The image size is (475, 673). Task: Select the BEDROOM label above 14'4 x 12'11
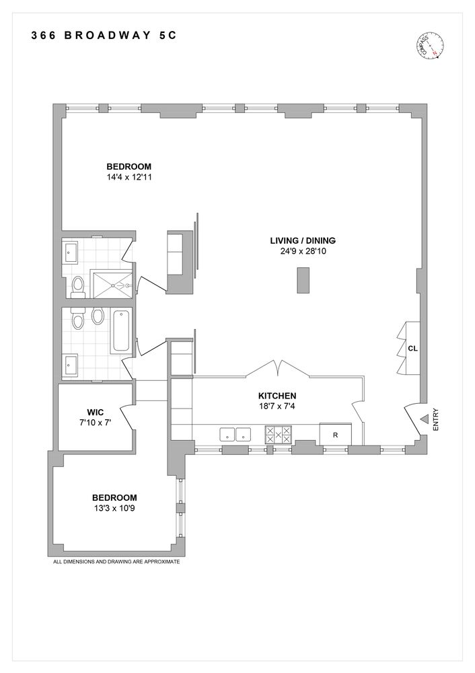pos(129,167)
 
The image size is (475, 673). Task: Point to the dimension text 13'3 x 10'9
pos(118,508)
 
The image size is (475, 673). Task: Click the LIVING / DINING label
pos(303,240)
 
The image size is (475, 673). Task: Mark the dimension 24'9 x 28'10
pos(303,251)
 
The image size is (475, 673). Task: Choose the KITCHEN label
pos(277,396)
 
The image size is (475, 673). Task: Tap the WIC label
pos(94,412)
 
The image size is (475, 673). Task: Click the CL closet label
pos(412,349)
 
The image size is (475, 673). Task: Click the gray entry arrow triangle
pos(424,419)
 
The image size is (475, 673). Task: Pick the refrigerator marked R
pos(335,435)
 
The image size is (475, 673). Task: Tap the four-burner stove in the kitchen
pos(278,434)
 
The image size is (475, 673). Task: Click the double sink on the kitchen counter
pos(235,435)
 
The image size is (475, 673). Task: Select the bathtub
pos(122,330)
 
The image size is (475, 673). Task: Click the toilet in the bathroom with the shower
pos(78,286)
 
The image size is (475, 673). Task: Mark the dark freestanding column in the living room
pos(303,280)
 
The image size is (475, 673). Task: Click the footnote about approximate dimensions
pos(116,561)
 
